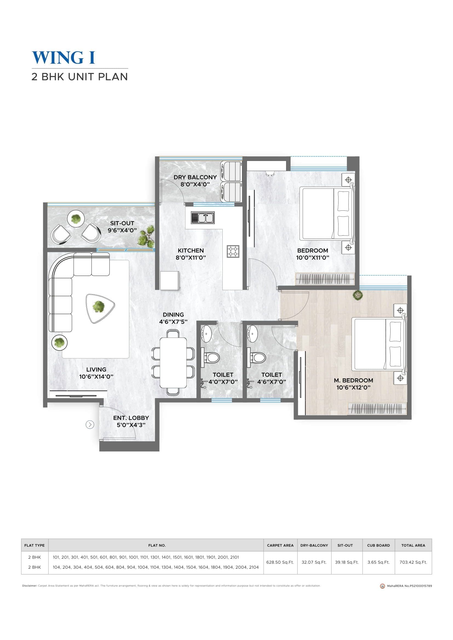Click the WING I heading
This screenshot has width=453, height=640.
point(64,58)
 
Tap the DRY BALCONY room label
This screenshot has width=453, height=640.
point(195,177)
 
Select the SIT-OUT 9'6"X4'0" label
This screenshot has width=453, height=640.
point(122,227)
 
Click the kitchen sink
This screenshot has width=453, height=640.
point(202,218)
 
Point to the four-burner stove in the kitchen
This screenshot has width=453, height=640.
point(233,251)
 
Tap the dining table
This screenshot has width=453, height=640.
point(173,363)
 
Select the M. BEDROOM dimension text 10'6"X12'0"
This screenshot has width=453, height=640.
point(353,387)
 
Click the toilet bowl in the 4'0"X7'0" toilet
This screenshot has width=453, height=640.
point(211,357)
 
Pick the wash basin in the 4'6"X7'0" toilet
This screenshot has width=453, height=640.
point(253,333)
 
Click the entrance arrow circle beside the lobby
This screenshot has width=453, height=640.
point(90,425)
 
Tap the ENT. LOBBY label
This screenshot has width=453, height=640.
point(131,418)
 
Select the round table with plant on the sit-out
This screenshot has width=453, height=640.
point(76,219)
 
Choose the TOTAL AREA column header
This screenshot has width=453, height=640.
point(413,545)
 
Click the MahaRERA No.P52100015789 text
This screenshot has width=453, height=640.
point(409,586)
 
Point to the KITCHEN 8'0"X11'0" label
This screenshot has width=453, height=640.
point(191,254)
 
